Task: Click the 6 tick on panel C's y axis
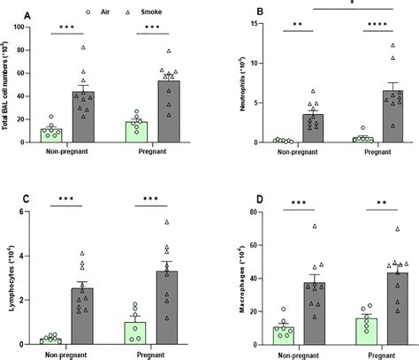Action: [37, 213]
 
